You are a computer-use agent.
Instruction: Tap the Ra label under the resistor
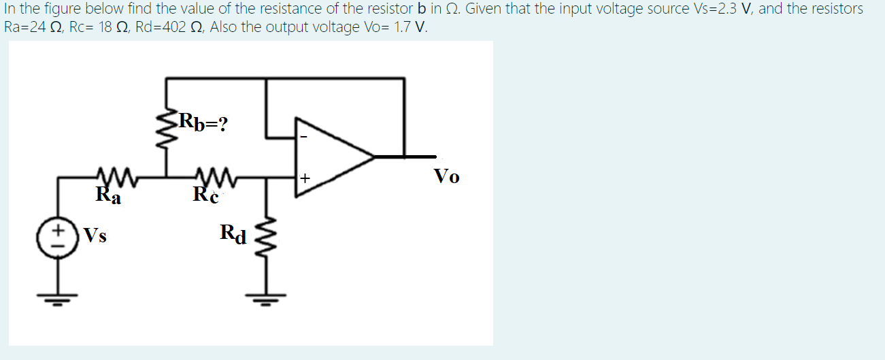pyautogui.click(x=108, y=197)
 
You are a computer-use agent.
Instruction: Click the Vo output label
pyautogui.click(x=446, y=177)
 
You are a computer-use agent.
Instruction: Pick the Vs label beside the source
pyautogui.click(x=95, y=237)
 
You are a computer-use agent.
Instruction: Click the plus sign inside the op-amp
pyautogui.click(x=305, y=179)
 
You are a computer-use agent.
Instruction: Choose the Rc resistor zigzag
pyautogui.click(x=216, y=177)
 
